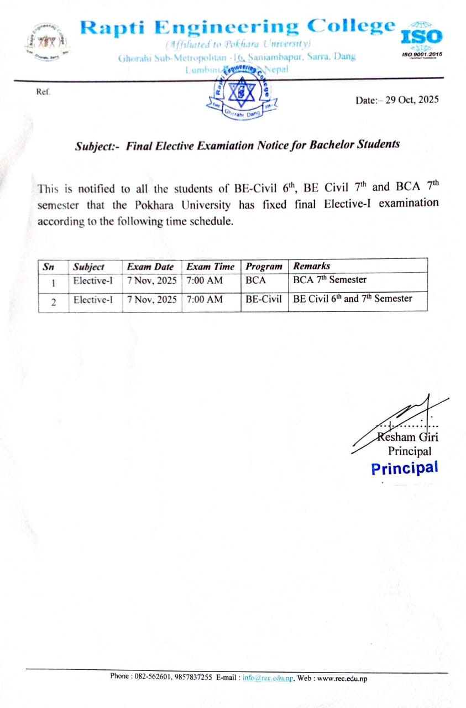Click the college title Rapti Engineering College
pyautogui.click(x=238, y=27)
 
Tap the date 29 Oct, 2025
pyautogui.click(x=412, y=100)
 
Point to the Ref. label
pyautogui.click(x=43, y=92)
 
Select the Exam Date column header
pyautogui.click(x=150, y=266)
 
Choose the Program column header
pyautogui.click(x=264, y=266)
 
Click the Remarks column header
pyautogui.click(x=312, y=266)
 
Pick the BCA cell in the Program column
pyautogui.click(x=256, y=280)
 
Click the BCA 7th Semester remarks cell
pyautogui.click(x=329, y=280)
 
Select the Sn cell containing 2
pyautogui.click(x=53, y=302)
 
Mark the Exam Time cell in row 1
pyautogui.click(x=205, y=280)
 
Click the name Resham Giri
pyautogui.click(x=408, y=437)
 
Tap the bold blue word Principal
pyautogui.click(x=405, y=468)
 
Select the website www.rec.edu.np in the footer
pyautogui.click(x=343, y=678)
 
